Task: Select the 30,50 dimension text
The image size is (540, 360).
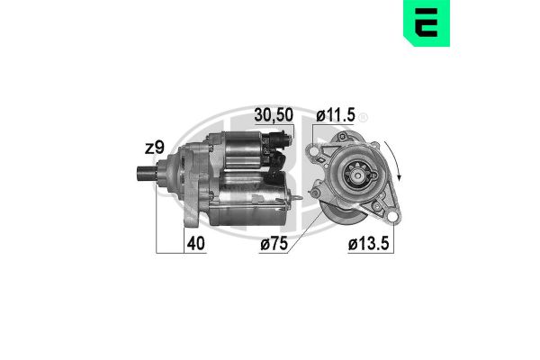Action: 273,116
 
